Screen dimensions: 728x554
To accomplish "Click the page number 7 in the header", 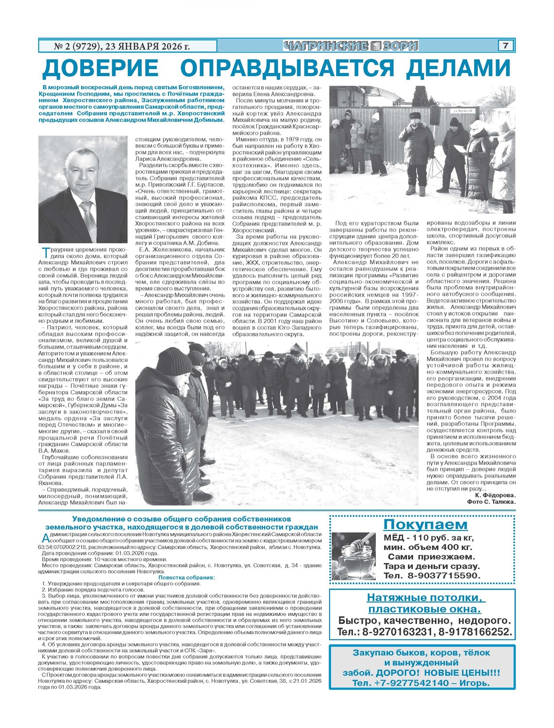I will click(x=505, y=46).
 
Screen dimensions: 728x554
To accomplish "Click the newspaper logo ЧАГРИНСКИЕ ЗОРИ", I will click(x=351, y=46).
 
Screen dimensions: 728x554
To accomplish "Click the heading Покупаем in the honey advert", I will click(x=425, y=525).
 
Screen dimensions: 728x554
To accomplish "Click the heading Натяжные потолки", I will click(x=426, y=597).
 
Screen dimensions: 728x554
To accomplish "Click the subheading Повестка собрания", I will click(x=186, y=578).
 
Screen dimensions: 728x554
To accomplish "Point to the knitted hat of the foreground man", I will click(x=173, y=360).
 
